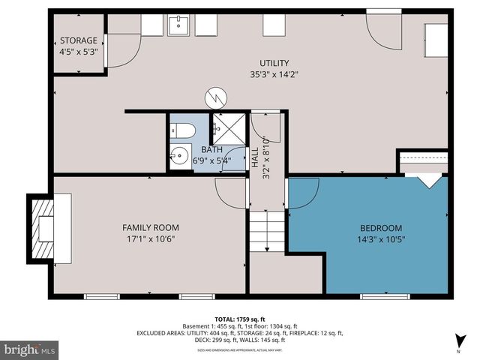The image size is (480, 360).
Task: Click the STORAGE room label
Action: click(79, 40)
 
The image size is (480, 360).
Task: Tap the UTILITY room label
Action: click(253, 63)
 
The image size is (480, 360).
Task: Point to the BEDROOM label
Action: click(381, 228)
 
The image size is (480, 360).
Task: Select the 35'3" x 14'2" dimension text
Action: click(253, 74)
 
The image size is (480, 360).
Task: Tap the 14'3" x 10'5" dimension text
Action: click(381, 239)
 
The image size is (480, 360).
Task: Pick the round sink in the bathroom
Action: click(178, 157)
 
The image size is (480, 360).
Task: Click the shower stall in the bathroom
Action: click(227, 129)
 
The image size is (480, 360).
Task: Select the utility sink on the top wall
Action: click(178, 25)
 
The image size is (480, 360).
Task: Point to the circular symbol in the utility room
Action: click(215, 98)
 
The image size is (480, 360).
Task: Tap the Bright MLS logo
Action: click(30, 349)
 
